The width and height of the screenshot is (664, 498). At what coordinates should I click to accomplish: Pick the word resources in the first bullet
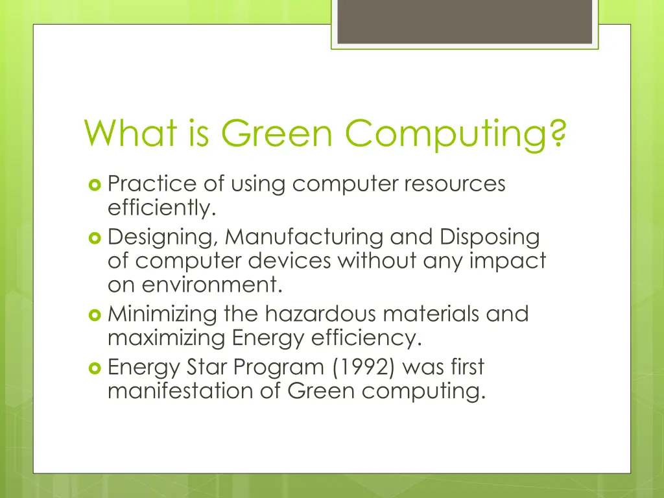point(454,185)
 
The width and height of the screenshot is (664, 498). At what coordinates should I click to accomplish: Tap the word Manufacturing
point(305,237)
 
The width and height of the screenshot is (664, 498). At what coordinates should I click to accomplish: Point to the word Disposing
point(490,237)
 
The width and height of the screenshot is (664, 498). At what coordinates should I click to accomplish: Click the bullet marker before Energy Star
point(95,368)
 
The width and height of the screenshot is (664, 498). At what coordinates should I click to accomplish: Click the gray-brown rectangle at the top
point(464,21)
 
